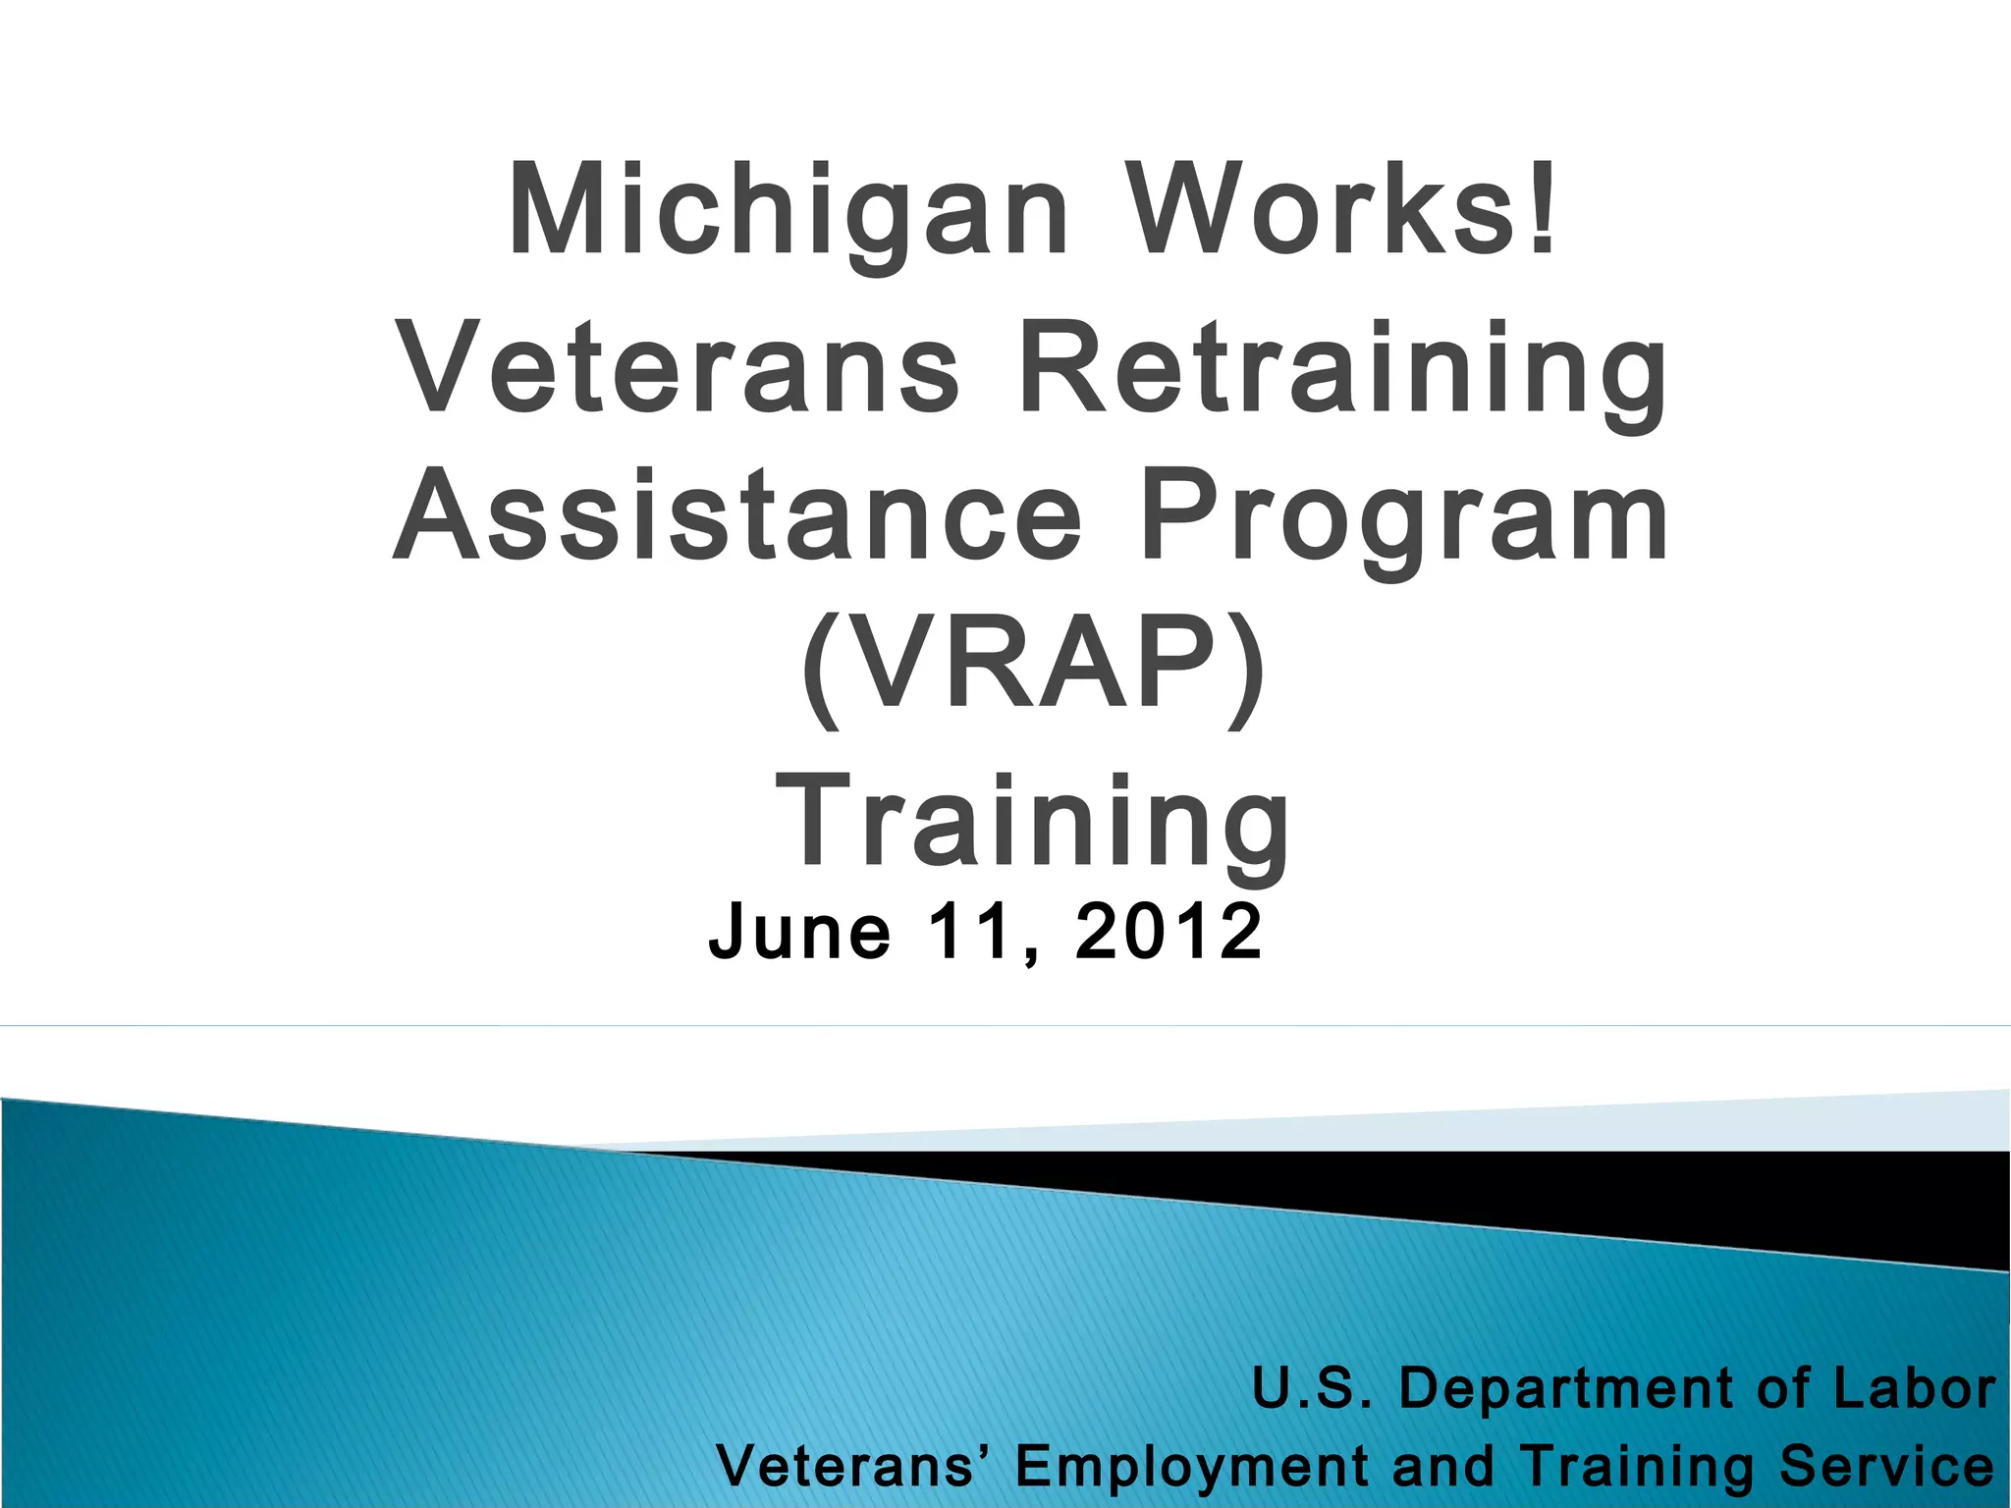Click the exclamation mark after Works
[1545, 208]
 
